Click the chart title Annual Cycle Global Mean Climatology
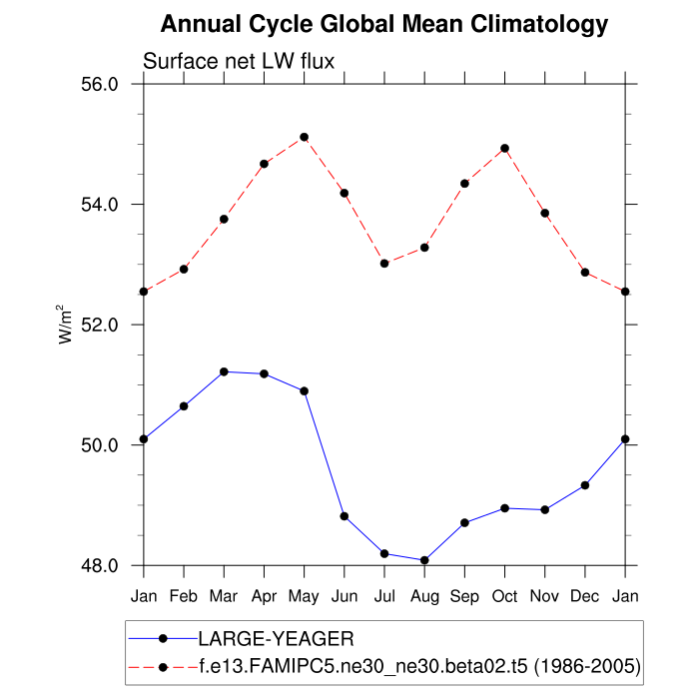click(x=384, y=24)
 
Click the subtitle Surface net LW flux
click(x=239, y=62)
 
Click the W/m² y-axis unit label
click(x=66, y=325)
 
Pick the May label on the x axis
click(x=304, y=597)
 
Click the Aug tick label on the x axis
click(x=424, y=597)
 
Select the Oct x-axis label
click(x=504, y=597)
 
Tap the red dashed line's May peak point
click(x=304, y=137)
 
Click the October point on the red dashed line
click(x=504, y=148)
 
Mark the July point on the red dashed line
click(x=384, y=263)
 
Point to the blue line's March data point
click(x=224, y=371)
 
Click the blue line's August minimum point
click(x=424, y=560)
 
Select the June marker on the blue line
click(x=345, y=516)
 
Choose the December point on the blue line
click(x=585, y=485)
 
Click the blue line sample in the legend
click(x=163, y=637)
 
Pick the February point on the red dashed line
click(x=184, y=269)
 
